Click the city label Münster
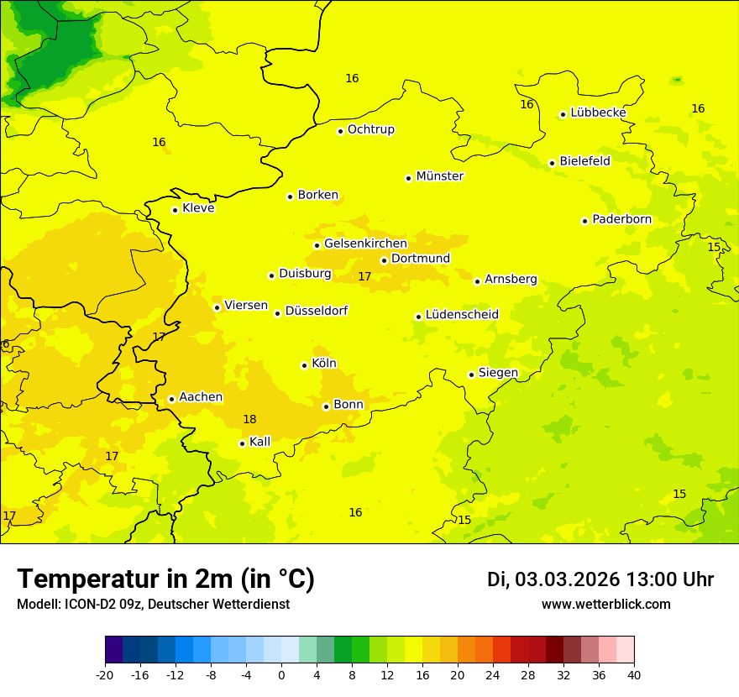[439, 176]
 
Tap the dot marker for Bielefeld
[552, 163]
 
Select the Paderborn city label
[621, 219]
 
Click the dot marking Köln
[304, 365]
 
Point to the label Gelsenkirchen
[365, 244]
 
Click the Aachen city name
[201, 397]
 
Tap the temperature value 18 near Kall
[249, 419]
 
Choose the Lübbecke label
[598, 113]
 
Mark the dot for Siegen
[471, 375]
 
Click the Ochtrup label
[370, 129]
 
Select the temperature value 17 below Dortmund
[364, 276]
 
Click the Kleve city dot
[175, 210]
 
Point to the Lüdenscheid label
[462, 315]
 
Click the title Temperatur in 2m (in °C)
[165, 579]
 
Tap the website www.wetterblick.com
[605, 604]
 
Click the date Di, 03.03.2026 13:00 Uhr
[600, 579]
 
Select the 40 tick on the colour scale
[633, 674]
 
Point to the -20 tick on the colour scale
[105, 674]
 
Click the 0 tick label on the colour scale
[281, 674]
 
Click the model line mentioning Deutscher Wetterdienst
[153, 604]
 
